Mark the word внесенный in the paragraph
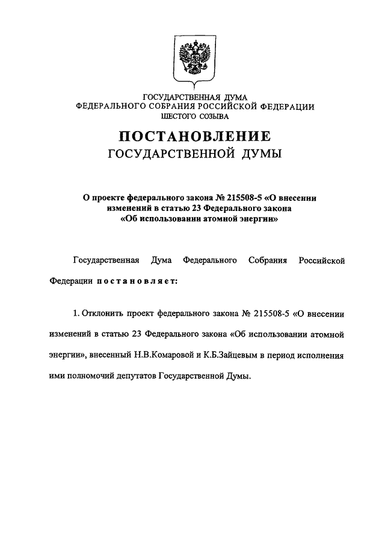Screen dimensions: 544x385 point(109,355)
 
